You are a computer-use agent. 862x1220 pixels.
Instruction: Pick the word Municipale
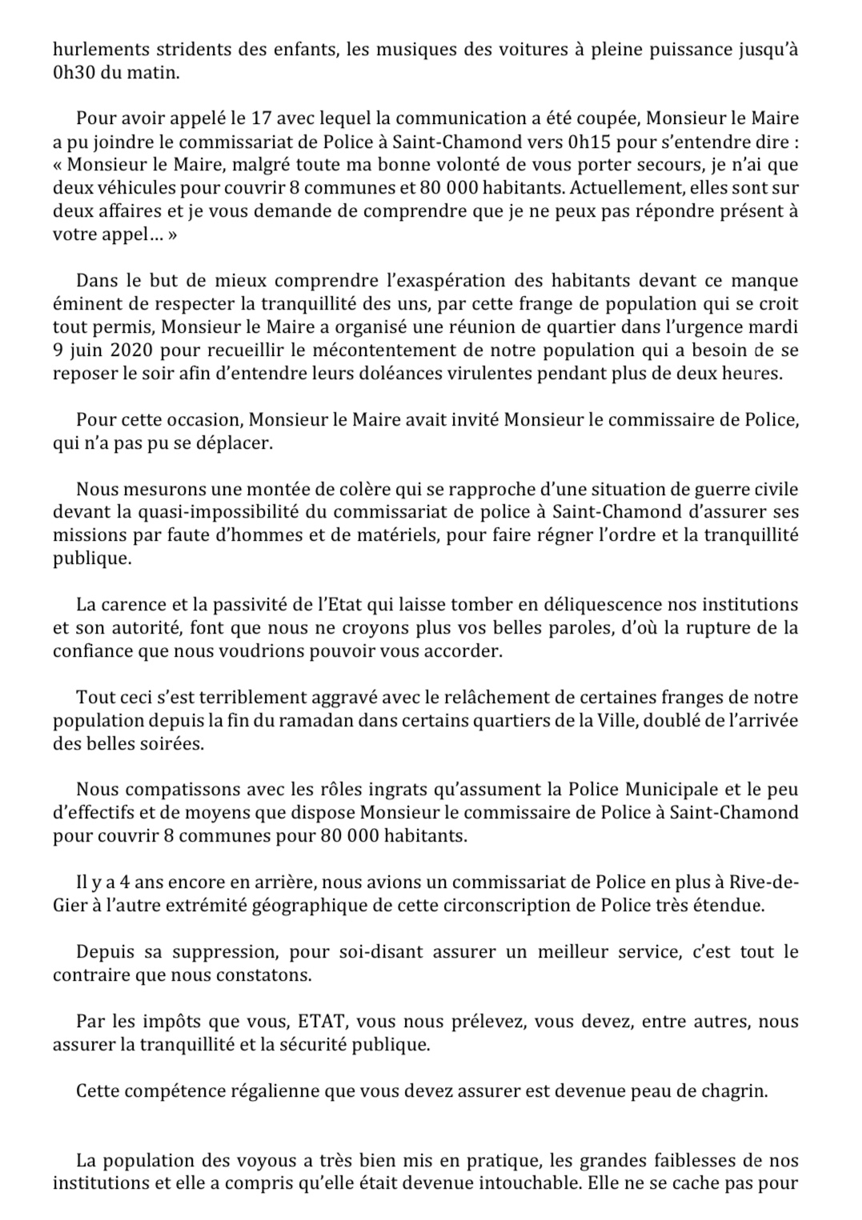coord(674,790)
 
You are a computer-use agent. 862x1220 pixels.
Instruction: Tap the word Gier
coord(68,906)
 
